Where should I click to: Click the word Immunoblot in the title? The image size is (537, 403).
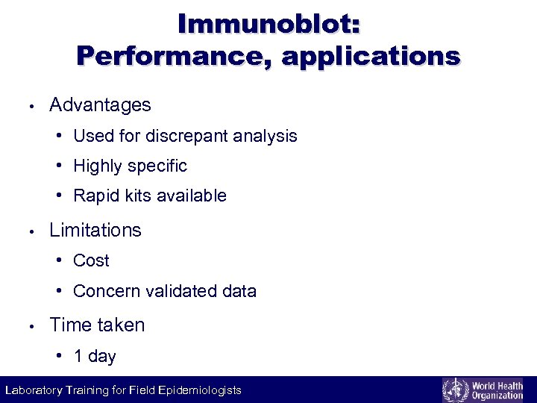point(264,24)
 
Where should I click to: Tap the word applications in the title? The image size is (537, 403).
point(371,57)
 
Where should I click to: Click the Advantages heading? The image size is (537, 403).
point(100,105)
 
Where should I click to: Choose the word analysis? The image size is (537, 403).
point(265,137)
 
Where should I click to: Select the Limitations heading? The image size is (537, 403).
point(95,230)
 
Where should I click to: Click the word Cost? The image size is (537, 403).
point(91,261)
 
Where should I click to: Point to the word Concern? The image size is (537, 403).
point(107,292)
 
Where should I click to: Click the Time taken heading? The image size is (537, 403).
point(97,325)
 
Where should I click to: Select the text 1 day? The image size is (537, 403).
point(95,357)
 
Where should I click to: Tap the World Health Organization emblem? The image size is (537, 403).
point(454,390)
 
